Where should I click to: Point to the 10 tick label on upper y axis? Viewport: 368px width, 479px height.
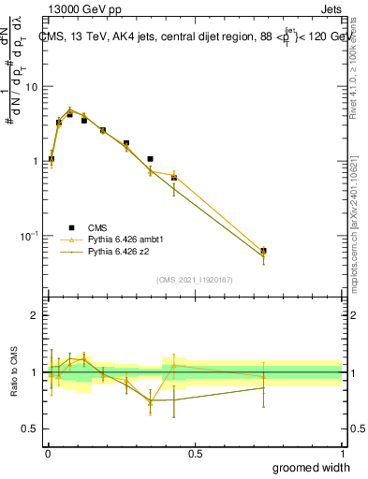33,87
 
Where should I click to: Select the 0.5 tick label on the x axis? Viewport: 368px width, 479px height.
195,454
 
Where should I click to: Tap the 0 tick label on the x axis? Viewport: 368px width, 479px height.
47,454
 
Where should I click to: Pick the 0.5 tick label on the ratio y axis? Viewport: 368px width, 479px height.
32,428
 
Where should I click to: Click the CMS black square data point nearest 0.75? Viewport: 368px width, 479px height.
263,251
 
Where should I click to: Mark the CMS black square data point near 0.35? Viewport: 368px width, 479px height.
150,159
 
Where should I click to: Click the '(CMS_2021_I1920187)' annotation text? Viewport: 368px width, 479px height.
195,280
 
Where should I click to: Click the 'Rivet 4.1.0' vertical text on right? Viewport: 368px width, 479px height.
354,61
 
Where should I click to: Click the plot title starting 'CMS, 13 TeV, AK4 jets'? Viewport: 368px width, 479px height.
194,36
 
